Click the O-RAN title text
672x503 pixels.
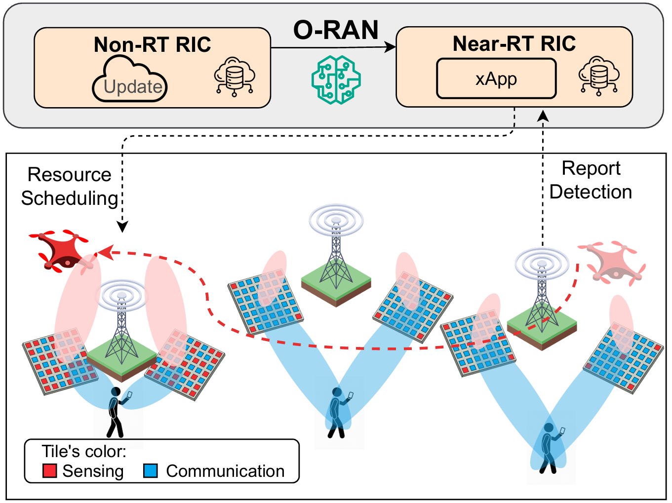(336, 30)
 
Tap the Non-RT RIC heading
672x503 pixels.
(152, 45)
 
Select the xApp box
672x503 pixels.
(496, 79)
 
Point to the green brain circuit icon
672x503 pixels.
(336, 79)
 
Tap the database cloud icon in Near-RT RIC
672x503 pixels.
(598, 77)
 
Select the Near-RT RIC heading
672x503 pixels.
(514, 43)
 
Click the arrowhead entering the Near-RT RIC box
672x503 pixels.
(391, 47)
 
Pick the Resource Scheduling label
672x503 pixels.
(69, 187)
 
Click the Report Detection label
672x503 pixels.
(591, 180)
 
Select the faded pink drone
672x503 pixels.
(612, 262)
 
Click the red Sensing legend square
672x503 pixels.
(50, 470)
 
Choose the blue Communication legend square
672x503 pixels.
(151, 470)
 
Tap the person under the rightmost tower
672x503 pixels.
(549, 447)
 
